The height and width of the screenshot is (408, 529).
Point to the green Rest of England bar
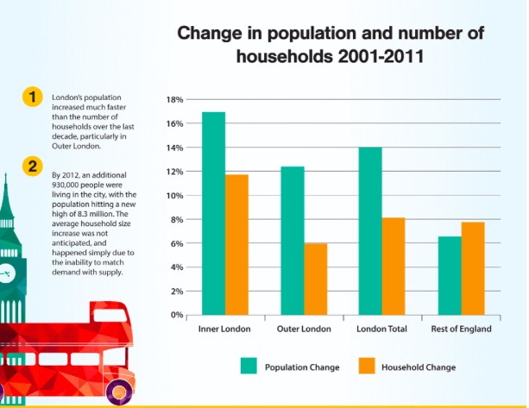[449, 275]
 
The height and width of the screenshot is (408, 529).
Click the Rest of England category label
[461, 330]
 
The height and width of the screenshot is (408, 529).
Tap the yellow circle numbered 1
[31, 97]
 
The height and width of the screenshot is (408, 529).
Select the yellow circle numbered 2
[31, 166]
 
